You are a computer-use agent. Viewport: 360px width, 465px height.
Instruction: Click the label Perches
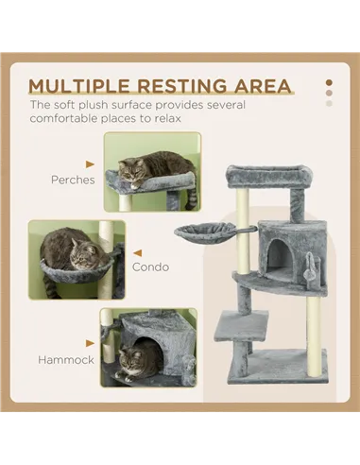point(73,179)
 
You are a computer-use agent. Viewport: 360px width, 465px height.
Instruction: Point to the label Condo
point(150,267)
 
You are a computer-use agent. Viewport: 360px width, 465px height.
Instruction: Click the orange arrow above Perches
point(90,163)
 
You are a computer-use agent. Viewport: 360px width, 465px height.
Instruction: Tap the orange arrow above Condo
point(135,252)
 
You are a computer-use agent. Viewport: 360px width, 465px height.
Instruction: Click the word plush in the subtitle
point(99,106)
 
